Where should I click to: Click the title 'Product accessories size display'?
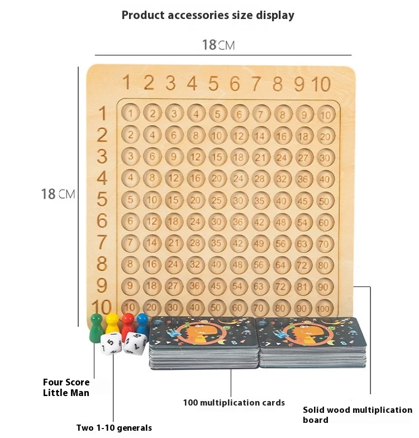[x=208, y=15]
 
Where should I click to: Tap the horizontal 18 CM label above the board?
[x=218, y=45]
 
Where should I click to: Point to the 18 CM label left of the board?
[x=58, y=194]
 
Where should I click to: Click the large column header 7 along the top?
[x=256, y=83]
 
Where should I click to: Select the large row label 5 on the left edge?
[x=102, y=199]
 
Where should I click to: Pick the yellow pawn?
[x=113, y=324]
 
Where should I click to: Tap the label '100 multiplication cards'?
[x=234, y=402]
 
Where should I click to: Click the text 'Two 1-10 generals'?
[x=114, y=428]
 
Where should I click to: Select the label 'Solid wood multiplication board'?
[x=358, y=415]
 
